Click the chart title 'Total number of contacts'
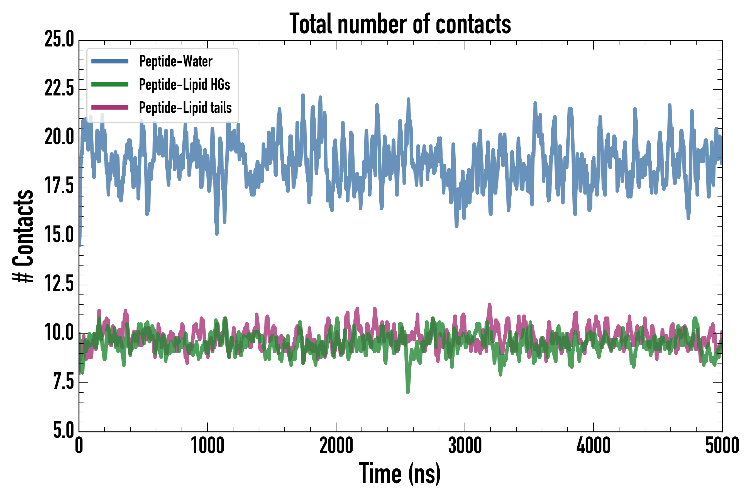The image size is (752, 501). click(x=400, y=24)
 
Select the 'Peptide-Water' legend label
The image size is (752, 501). click(x=176, y=61)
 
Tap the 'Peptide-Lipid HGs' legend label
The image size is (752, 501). click(x=184, y=84)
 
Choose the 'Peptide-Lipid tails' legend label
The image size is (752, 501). click(x=185, y=108)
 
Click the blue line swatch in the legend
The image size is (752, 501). click(x=110, y=61)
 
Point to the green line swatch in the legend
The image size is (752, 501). click(x=110, y=84)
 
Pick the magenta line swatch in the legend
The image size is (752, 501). click(x=110, y=107)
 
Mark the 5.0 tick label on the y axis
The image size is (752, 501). click(x=63, y=430)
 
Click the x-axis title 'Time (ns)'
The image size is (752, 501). click(x=400, y=474)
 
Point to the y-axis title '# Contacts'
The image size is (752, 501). click(x=23, y=236)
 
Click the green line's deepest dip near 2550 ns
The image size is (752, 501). click(x=408, y=392)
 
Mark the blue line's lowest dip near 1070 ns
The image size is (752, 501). click(x=217, y=233)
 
